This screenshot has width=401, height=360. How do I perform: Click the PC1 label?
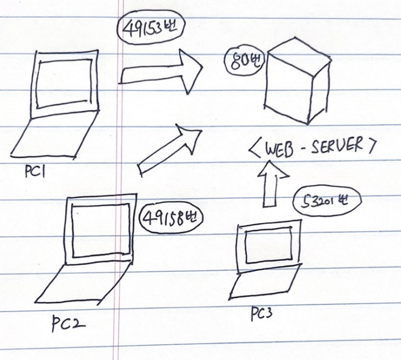click(x=33, y=170)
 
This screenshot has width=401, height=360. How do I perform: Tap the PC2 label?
click(x=69, y=321)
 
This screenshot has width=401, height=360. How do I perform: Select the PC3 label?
click(x=261, y=314)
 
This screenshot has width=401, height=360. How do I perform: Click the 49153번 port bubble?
click(x=150, y=29)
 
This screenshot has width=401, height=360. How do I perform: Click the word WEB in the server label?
click(x=277, y=148)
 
